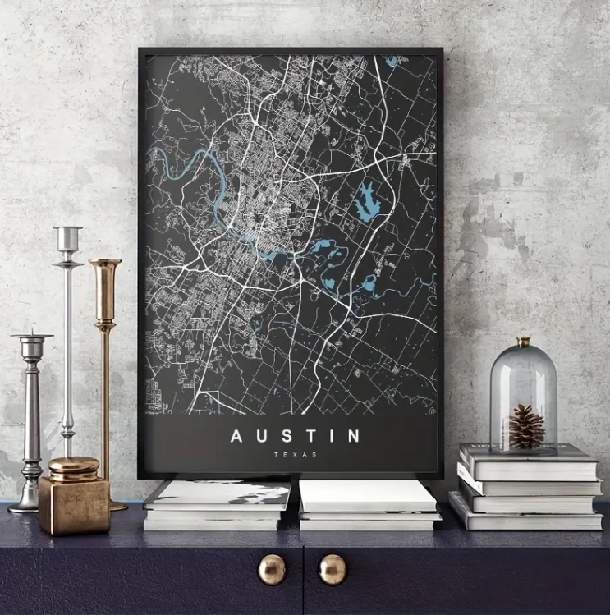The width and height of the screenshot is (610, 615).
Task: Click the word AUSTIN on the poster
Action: point(295,436)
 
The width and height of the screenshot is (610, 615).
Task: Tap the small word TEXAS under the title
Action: point(296,454)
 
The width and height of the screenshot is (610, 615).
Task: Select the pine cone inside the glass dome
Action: point(526,426)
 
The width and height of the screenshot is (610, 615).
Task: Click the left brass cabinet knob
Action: point(272,569)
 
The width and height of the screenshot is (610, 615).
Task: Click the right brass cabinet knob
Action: point(333,569)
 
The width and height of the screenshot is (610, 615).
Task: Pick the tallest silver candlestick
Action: point(67,345)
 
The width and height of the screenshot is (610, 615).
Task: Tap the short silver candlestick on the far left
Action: point(31,419)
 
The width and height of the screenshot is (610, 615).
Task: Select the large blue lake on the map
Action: point(367,201)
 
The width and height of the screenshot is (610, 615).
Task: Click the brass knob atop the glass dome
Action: point(523,342)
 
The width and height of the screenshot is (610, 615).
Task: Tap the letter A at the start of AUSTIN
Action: point(236,436)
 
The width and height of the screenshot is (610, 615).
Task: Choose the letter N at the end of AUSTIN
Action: point(354,436)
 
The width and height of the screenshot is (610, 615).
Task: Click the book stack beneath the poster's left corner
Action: point(217,505)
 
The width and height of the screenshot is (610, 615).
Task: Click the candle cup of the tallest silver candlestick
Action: point(67,237)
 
